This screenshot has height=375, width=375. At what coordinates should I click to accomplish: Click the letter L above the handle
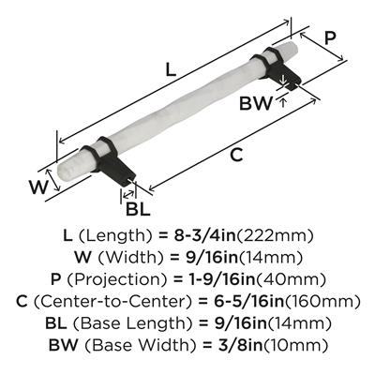pos(171,69)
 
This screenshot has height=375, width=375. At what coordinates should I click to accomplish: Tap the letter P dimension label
pos(330,38)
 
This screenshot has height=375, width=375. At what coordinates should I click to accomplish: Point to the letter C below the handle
pos(237,155)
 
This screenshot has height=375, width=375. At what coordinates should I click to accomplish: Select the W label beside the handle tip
pos(38,187)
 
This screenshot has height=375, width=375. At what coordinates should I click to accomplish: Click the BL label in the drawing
pos(138,209)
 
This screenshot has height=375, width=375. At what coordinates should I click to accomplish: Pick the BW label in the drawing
pos(256,103)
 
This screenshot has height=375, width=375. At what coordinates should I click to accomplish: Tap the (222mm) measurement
pos(275,236)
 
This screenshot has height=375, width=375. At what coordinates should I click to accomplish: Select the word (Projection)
pos(120,279)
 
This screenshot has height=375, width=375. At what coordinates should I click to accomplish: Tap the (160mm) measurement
pos(322,302)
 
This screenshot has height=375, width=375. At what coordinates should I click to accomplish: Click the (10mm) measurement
pos(295,345)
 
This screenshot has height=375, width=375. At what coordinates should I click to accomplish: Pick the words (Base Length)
pos(132,323)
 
